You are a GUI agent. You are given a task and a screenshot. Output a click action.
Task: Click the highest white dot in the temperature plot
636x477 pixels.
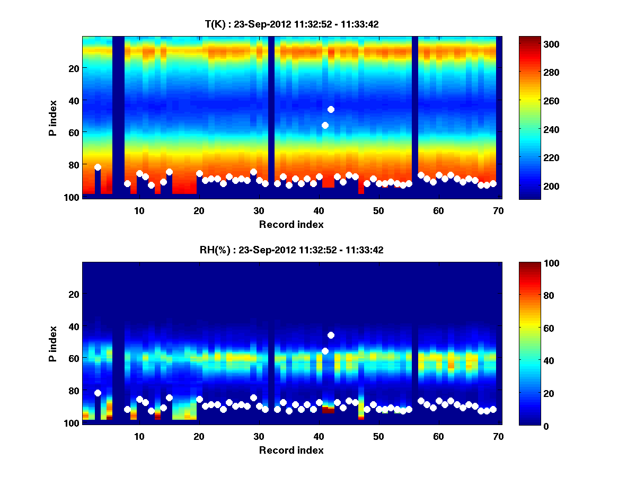pyautogui.click(x=331, y=109)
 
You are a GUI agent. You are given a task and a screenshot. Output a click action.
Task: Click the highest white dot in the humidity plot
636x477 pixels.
pyautogui.click(x=331, y=335)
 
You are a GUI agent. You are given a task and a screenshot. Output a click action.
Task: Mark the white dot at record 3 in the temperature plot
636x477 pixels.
pyautogui.click(x=98, y=167)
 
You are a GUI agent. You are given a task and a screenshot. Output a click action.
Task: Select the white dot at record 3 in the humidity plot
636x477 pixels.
pyautogui.click(x=98, y=393)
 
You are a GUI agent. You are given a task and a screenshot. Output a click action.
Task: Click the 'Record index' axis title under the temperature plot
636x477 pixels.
pyautogui.click(x=291, y=224)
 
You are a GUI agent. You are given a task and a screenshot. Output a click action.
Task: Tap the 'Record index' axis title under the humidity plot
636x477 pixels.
pyautogui.click(x=291, y=450)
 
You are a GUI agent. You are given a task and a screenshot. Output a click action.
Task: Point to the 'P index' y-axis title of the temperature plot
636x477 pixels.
pyautogui.click(x=53, y=118)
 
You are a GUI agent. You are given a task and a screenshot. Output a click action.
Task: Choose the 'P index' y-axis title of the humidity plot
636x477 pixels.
pyautogui.click(x=53, y=343)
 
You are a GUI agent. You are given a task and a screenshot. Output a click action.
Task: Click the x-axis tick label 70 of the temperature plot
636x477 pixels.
pyautogui.click(x=498, y=210)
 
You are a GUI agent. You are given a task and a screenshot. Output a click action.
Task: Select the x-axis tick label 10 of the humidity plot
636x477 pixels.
pyautogui.click(x=139, y=436)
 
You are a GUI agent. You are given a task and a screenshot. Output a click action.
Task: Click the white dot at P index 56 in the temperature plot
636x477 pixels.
pyautogui.click(x=325, y=125)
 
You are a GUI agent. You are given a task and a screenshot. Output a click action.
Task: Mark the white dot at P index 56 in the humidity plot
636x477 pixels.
pyautogui.click(x=325, y=351)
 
